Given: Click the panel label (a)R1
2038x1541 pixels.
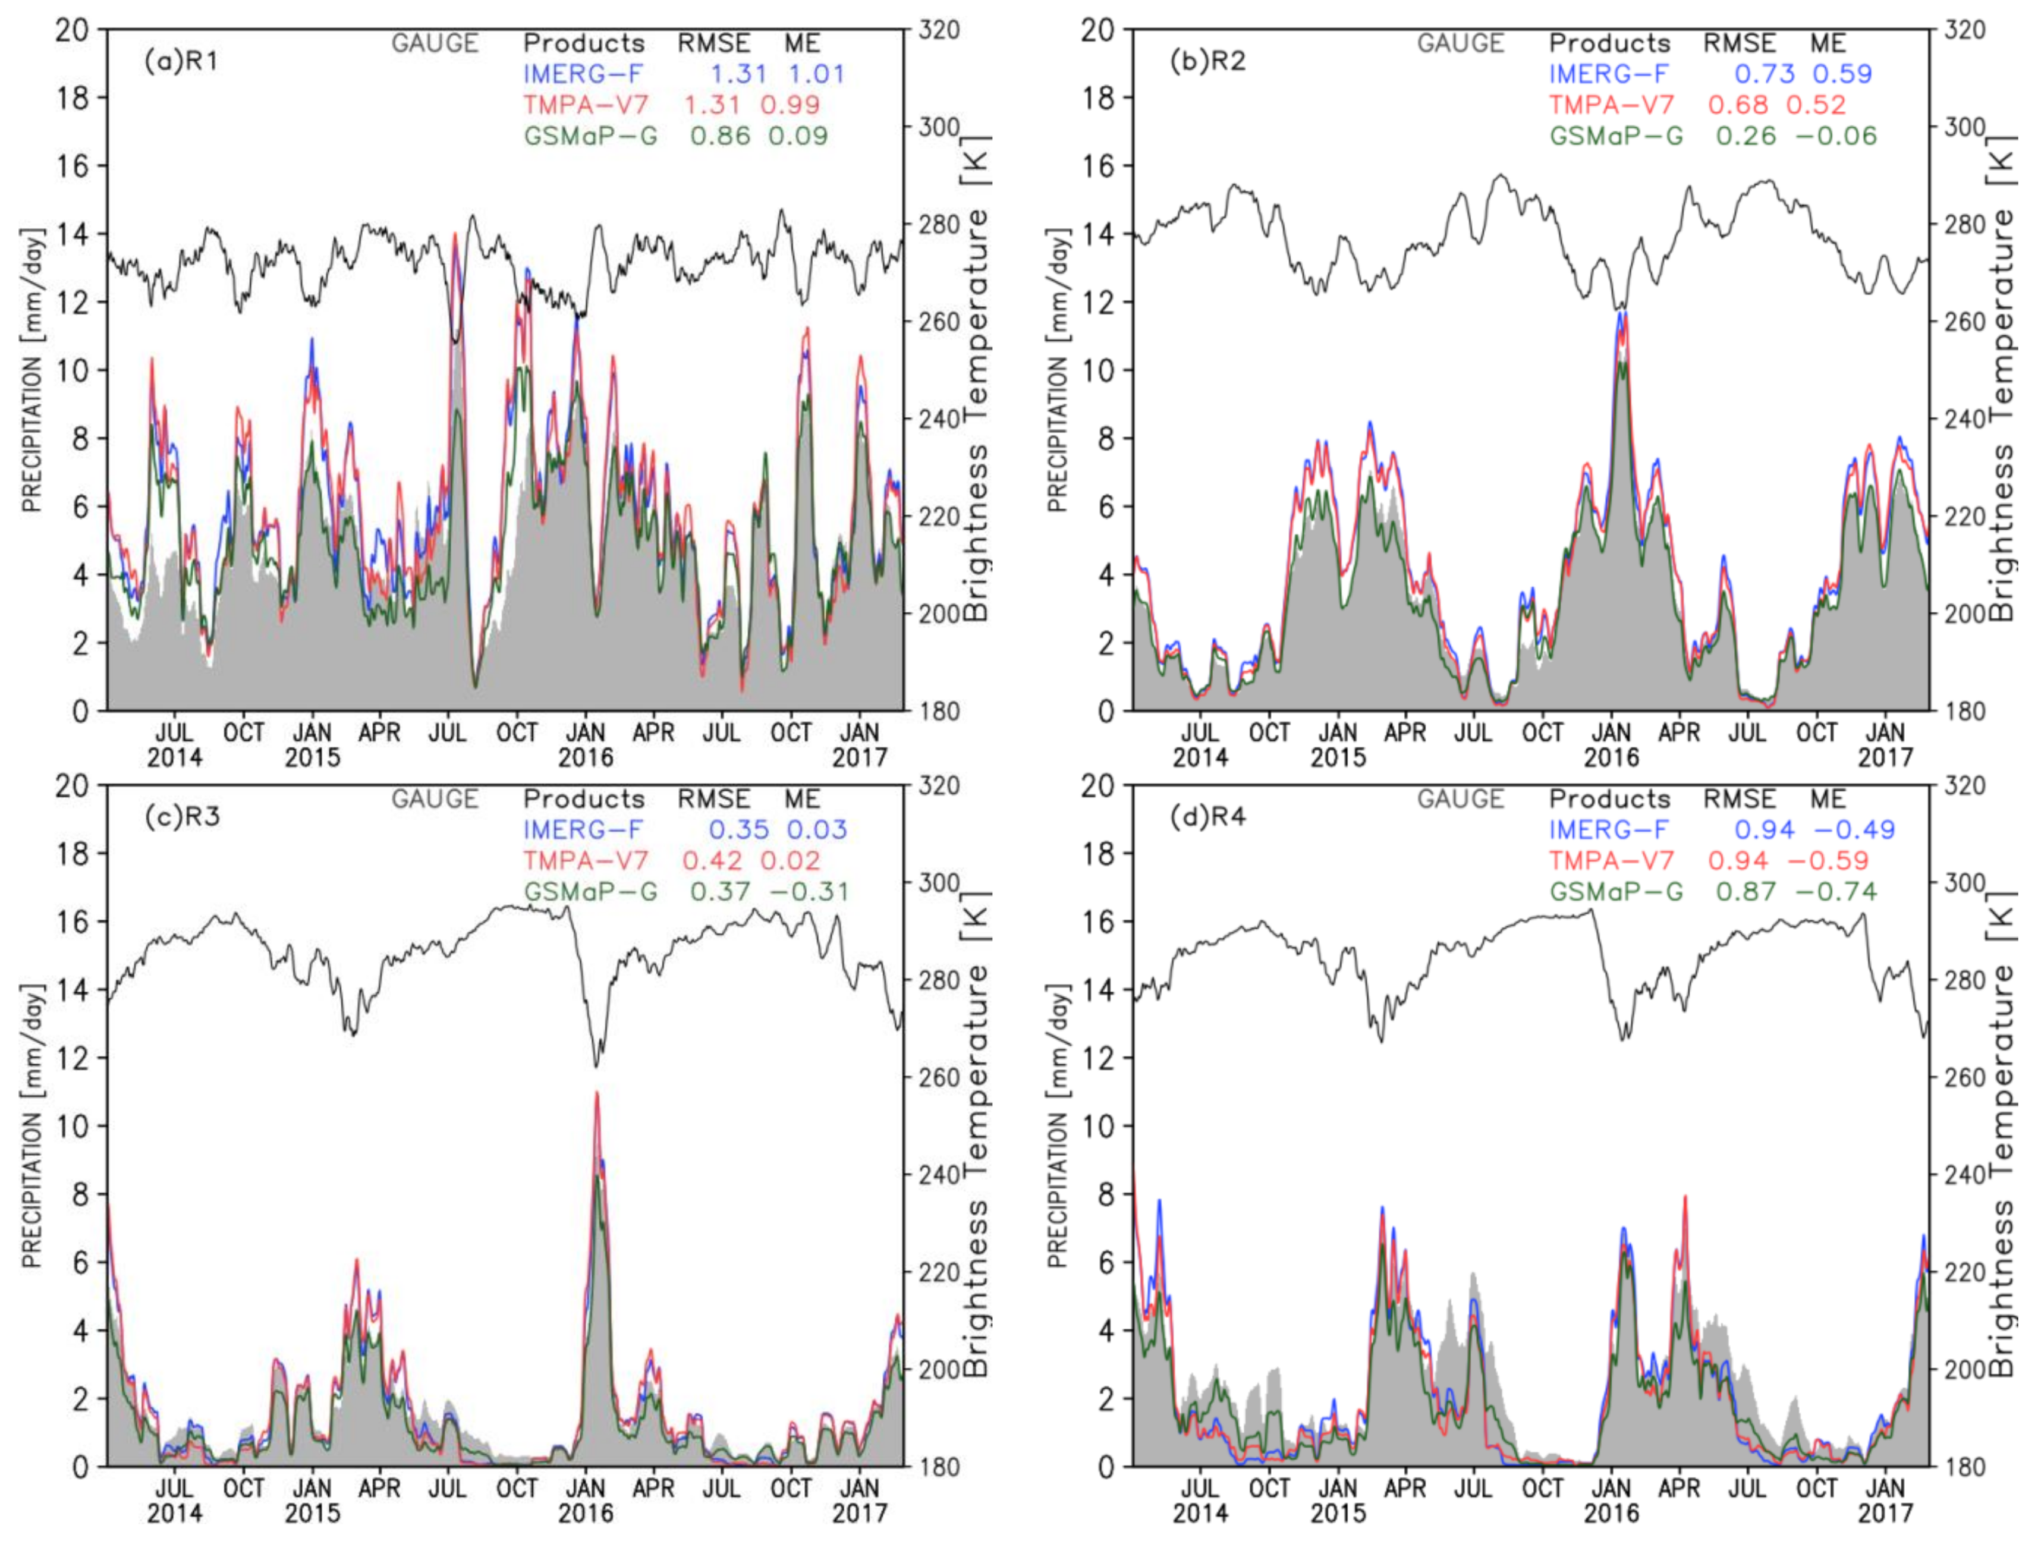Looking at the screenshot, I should (x=181, y=62).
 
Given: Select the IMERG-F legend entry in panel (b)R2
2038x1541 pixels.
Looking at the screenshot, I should (x=1609, y=74).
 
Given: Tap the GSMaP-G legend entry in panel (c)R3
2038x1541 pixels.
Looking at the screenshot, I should (x=590, y=892).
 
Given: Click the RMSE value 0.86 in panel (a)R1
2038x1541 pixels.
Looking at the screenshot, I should (x=721, y=136).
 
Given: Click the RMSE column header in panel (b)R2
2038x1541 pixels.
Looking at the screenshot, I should (x=1740, y=43).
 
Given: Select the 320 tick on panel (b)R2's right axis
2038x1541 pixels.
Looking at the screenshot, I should (x=1965, y=30).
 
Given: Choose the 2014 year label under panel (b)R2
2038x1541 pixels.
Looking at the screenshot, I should (x=1200, y=757).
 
